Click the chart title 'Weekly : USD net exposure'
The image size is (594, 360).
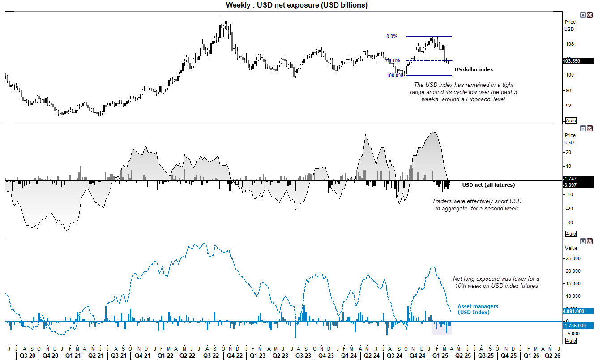(x=296, y=5)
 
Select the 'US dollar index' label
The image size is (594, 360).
(x=474, y=69)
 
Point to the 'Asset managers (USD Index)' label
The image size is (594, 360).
(x=478, y=309)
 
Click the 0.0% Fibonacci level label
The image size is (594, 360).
(x=391, y=37)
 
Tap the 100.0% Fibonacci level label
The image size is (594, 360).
(x=394, y=76)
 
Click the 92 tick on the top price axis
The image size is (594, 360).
(x=568, y=106)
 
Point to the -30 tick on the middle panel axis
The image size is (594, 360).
(x=569, y=223)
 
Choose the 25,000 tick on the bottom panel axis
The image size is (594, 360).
(x=573, y=258)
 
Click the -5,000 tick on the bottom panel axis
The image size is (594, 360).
(x=573, y=334)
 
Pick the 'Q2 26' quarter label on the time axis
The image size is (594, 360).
(x=551, y=356)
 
